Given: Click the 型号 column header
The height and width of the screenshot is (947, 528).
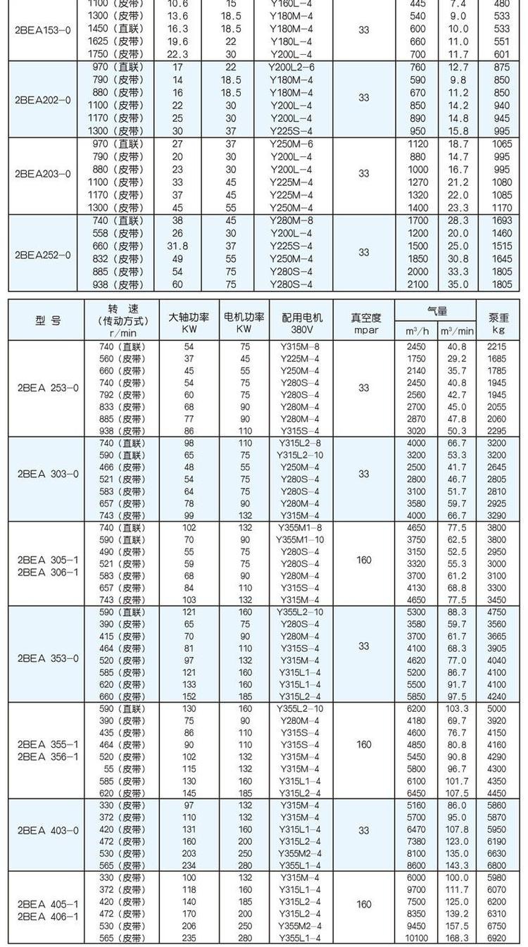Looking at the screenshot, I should coord(47,320).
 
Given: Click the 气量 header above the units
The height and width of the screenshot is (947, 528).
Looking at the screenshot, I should coord(436,311).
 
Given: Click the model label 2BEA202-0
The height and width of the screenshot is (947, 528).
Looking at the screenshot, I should coord(43,99).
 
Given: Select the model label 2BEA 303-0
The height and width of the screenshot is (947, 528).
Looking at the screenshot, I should coord(48,474).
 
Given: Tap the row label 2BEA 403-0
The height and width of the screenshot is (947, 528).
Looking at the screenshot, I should coord(48,831).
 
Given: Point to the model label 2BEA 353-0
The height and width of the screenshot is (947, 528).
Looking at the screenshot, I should coord(48,658).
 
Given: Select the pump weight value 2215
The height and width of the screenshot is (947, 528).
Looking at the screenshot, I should coord(497,346).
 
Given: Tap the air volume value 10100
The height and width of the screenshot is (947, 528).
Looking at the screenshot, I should coord(417,938).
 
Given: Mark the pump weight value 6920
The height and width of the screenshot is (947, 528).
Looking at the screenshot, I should coord(497,938).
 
